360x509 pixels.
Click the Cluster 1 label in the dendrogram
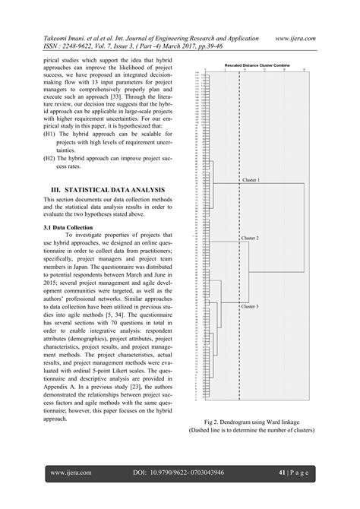tap(251, 180)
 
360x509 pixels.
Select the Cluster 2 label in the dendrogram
tap(250, 238)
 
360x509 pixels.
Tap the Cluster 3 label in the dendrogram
tap(250, 306)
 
